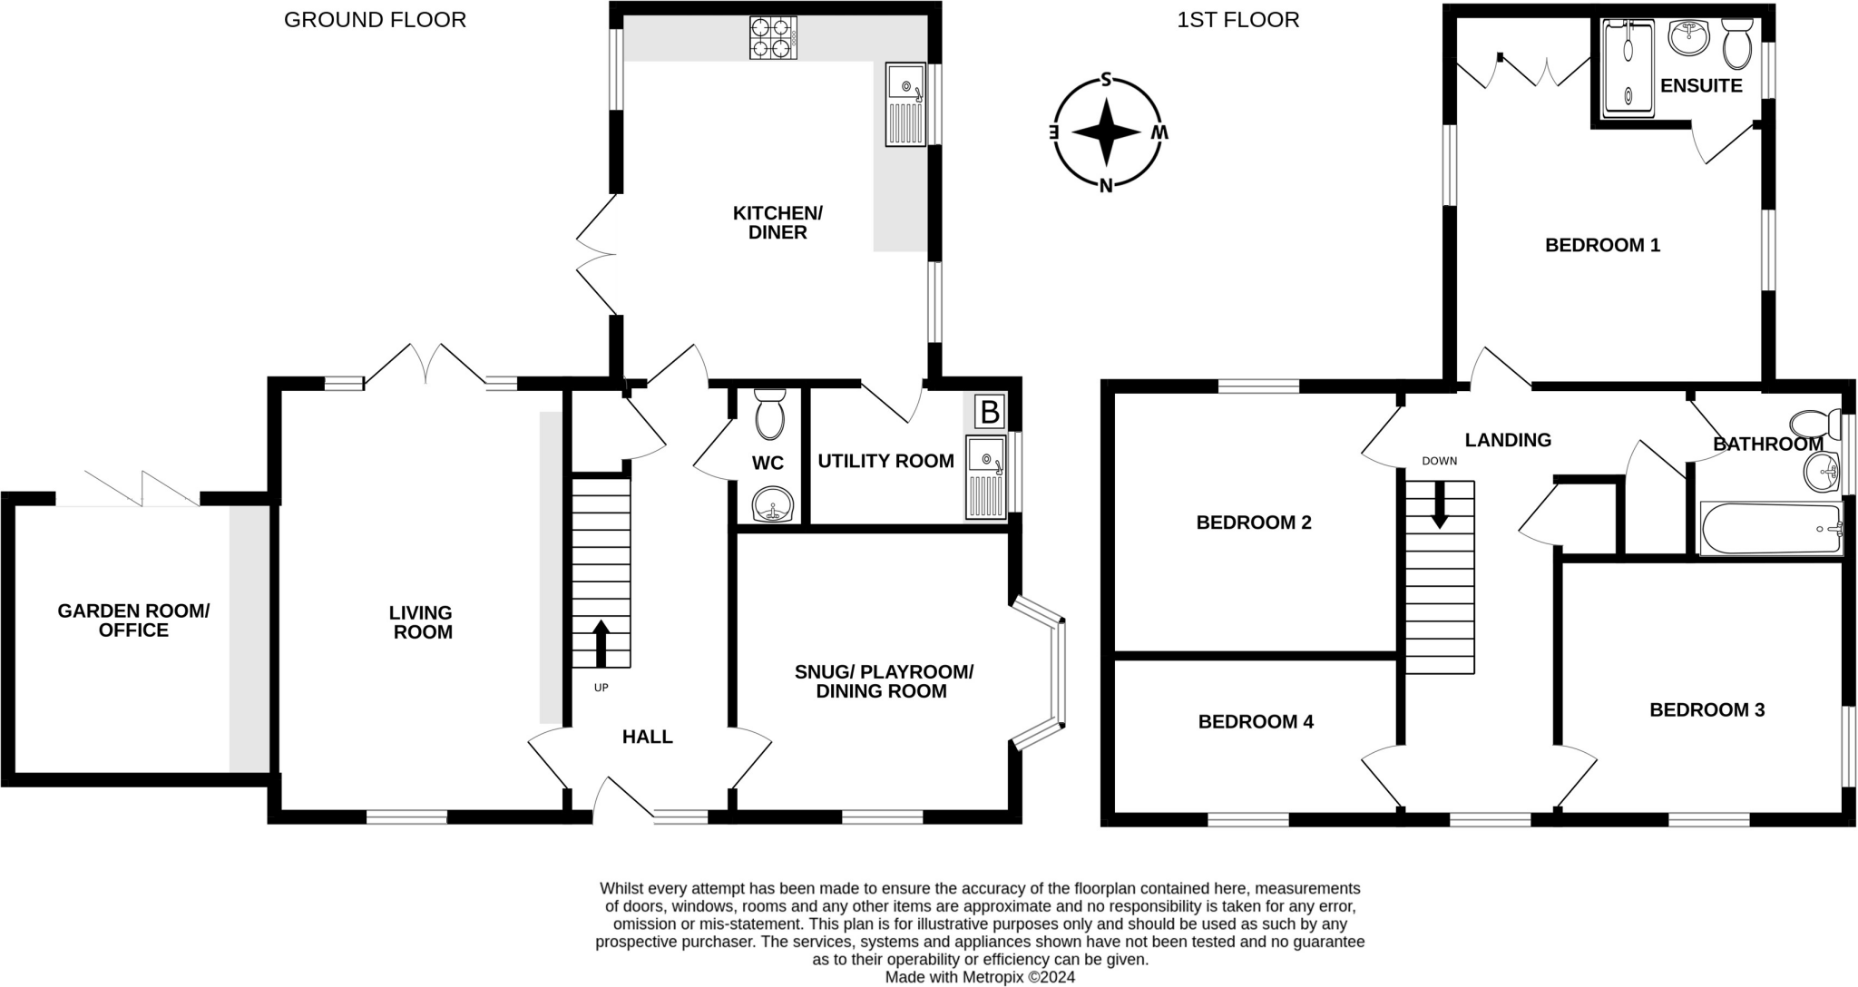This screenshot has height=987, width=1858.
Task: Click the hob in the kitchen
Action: click(773, 37)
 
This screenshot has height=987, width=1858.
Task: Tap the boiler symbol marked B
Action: click(990, 412)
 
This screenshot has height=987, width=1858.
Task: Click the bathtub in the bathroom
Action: click(1770, 528)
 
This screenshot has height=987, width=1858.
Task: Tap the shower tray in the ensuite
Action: click(1628, 69)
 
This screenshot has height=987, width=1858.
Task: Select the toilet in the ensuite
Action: click(1737, 43)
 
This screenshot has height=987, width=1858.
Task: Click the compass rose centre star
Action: click(1106, 132)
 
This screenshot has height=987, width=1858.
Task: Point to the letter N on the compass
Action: click(1106, 186)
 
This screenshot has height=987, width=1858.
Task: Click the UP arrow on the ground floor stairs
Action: click(601, 643)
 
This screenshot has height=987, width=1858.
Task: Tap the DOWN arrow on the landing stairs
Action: click(1440, 505)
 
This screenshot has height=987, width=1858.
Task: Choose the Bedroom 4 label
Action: click(1256, 722)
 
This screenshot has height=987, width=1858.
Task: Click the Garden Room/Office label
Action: click(133, 621)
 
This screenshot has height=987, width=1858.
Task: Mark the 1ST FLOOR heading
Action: click(1237, 20)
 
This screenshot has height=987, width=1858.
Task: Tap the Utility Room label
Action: click(885, 461)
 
